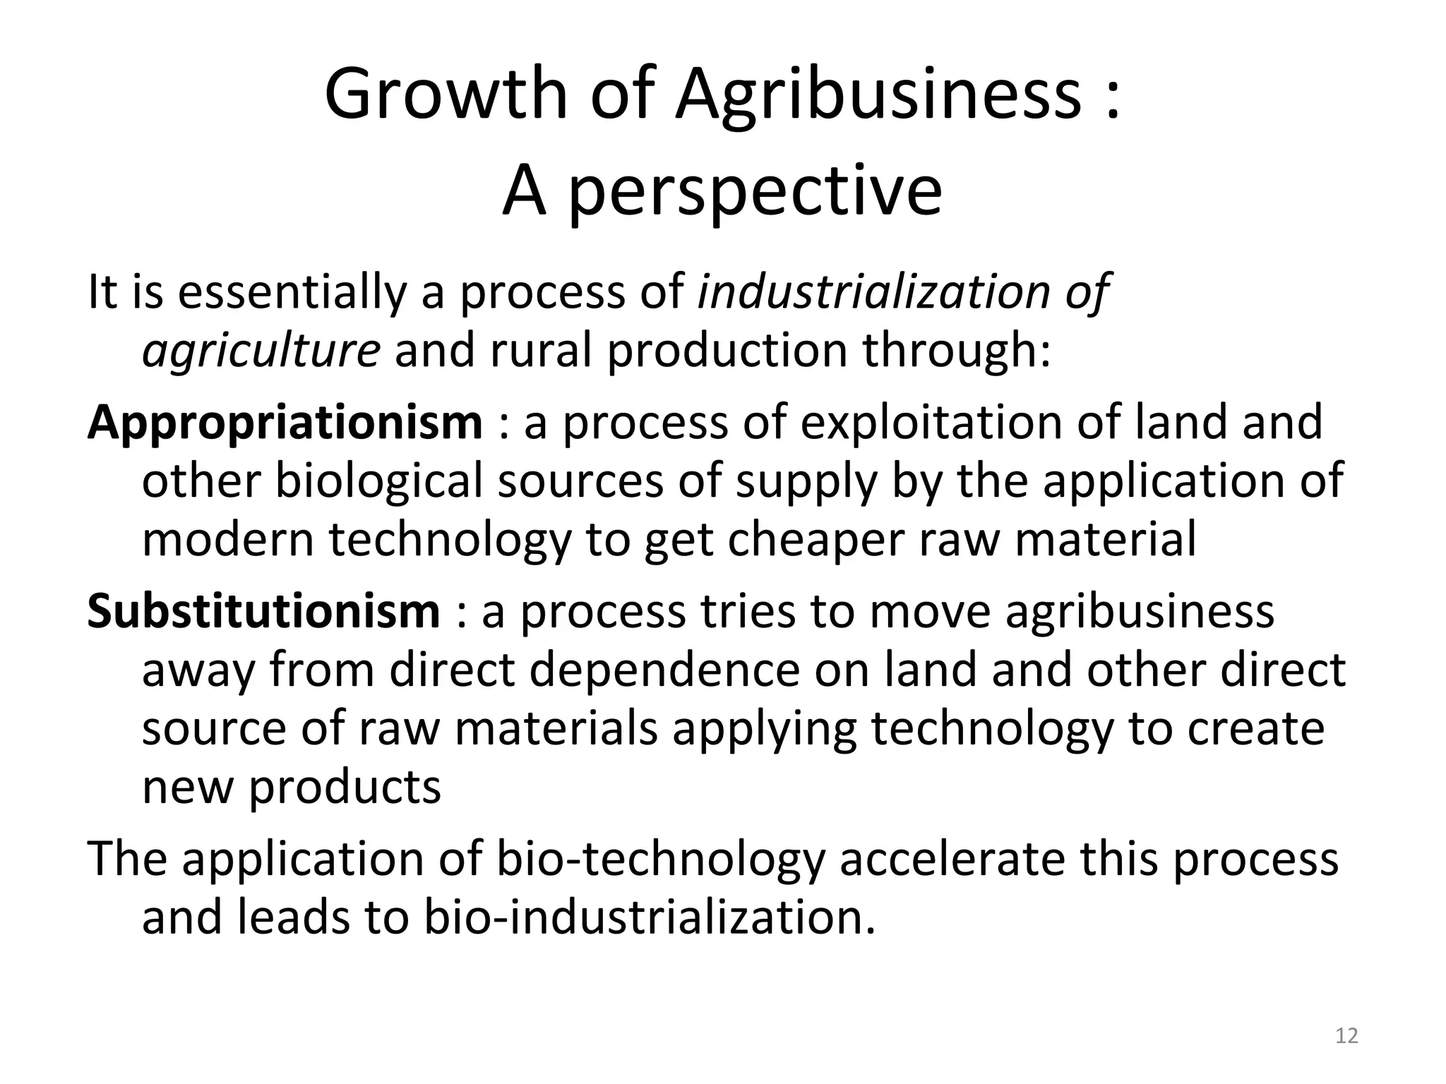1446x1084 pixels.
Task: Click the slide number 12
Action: pyautogui.click(x=1347, y=1036)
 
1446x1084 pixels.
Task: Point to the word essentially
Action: pyautogui.click(x=292, y=291)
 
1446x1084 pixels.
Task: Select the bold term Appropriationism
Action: pyautogui.click(x=285, y=423)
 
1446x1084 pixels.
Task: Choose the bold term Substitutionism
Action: pyautogui.click(x=264, y=611)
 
